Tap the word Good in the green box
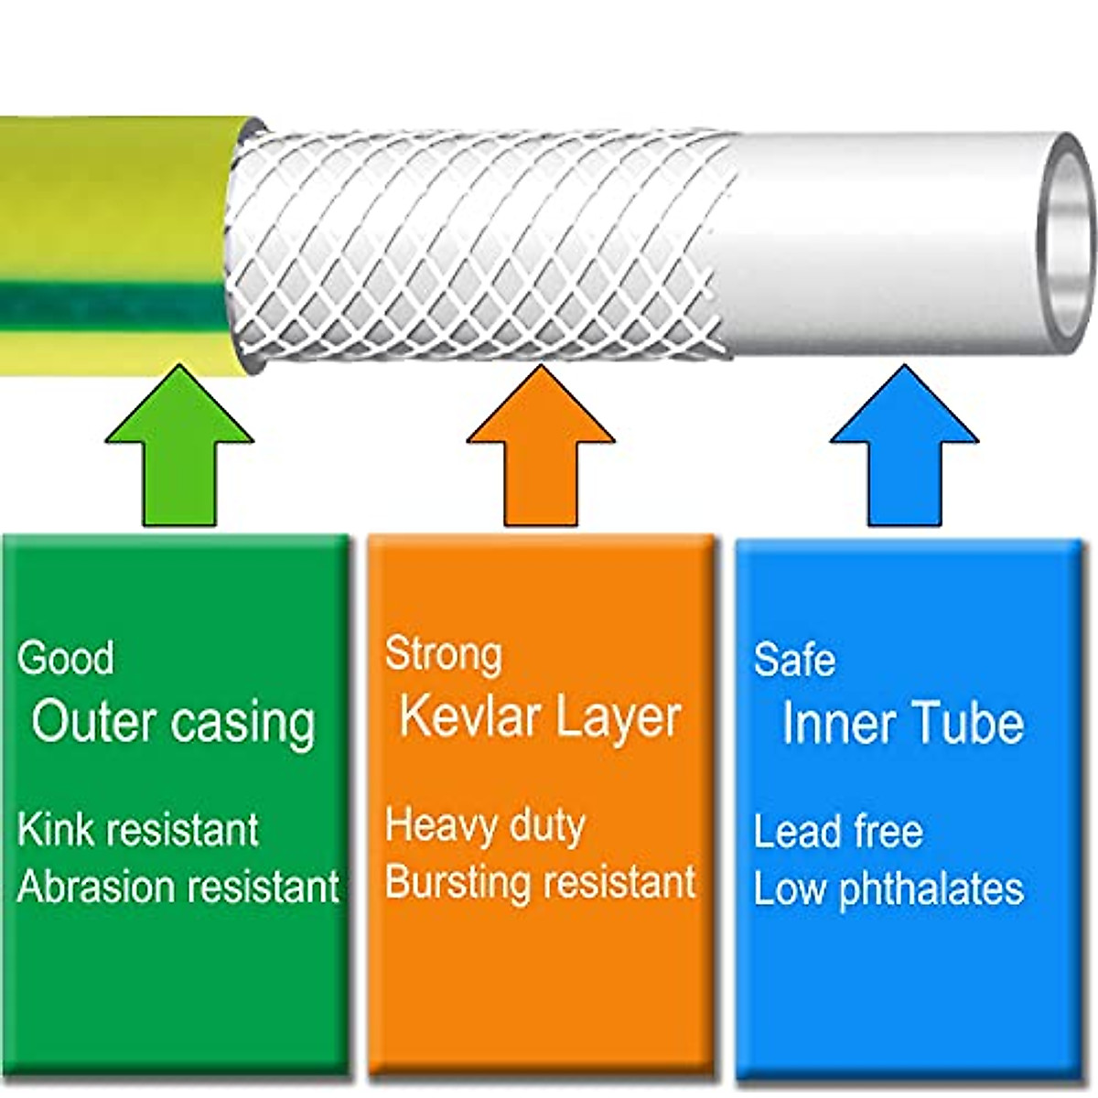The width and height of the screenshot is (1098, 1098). click(66, 658)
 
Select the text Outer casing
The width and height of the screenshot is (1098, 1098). click(174, 722)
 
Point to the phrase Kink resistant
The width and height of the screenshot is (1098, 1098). click(137, 829)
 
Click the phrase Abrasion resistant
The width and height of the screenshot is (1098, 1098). click(178, 887)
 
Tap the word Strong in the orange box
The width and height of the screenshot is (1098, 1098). click(444, 654)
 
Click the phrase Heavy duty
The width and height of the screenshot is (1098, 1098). click(485, 825)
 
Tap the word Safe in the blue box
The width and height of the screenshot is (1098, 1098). click(794, 659)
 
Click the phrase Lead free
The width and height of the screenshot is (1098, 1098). click(838, 832)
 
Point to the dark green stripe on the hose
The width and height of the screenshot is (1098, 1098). click(110, 304)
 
